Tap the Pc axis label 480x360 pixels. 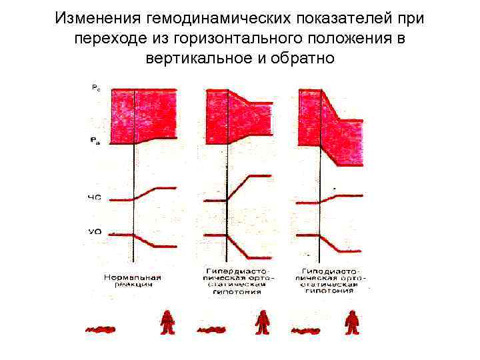pyautogui.click(x=96, y=87)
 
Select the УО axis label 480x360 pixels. pyautogui.click(x=95, y=232)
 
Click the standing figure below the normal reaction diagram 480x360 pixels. pyautogui.click(x=167, y=323)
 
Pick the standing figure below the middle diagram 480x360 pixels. pyautogui.click(x=263, y=323)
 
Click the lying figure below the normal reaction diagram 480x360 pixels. pyautogui.click(x=101, y=328)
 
